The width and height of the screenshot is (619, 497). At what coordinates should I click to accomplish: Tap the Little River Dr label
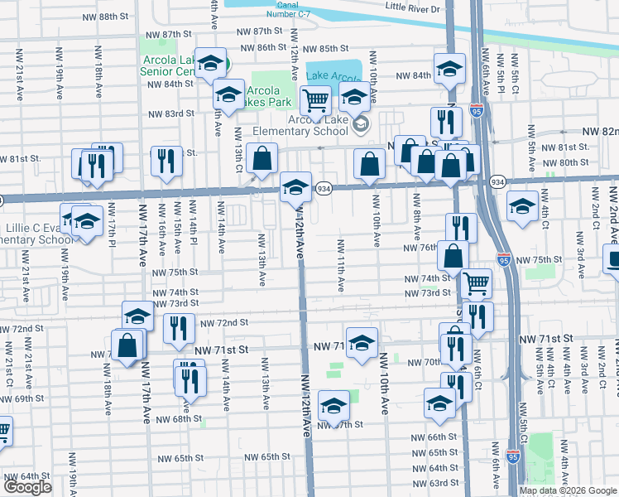point(415,7)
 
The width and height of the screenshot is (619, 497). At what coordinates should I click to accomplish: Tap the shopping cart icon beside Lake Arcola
point(315,101)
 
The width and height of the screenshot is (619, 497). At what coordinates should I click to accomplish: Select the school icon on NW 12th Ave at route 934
point(295,187)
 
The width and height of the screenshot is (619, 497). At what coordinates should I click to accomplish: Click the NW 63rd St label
point(444,483)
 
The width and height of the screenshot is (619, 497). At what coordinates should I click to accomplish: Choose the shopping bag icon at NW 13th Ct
point(262,161)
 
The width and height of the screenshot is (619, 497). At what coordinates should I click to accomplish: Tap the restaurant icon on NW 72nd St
point(179,330)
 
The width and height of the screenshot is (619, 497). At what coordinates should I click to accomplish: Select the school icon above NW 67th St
point(333,406)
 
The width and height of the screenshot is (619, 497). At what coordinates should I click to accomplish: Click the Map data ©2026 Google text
point(568,490)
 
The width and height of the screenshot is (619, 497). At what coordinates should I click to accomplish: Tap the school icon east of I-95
point(522,207)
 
